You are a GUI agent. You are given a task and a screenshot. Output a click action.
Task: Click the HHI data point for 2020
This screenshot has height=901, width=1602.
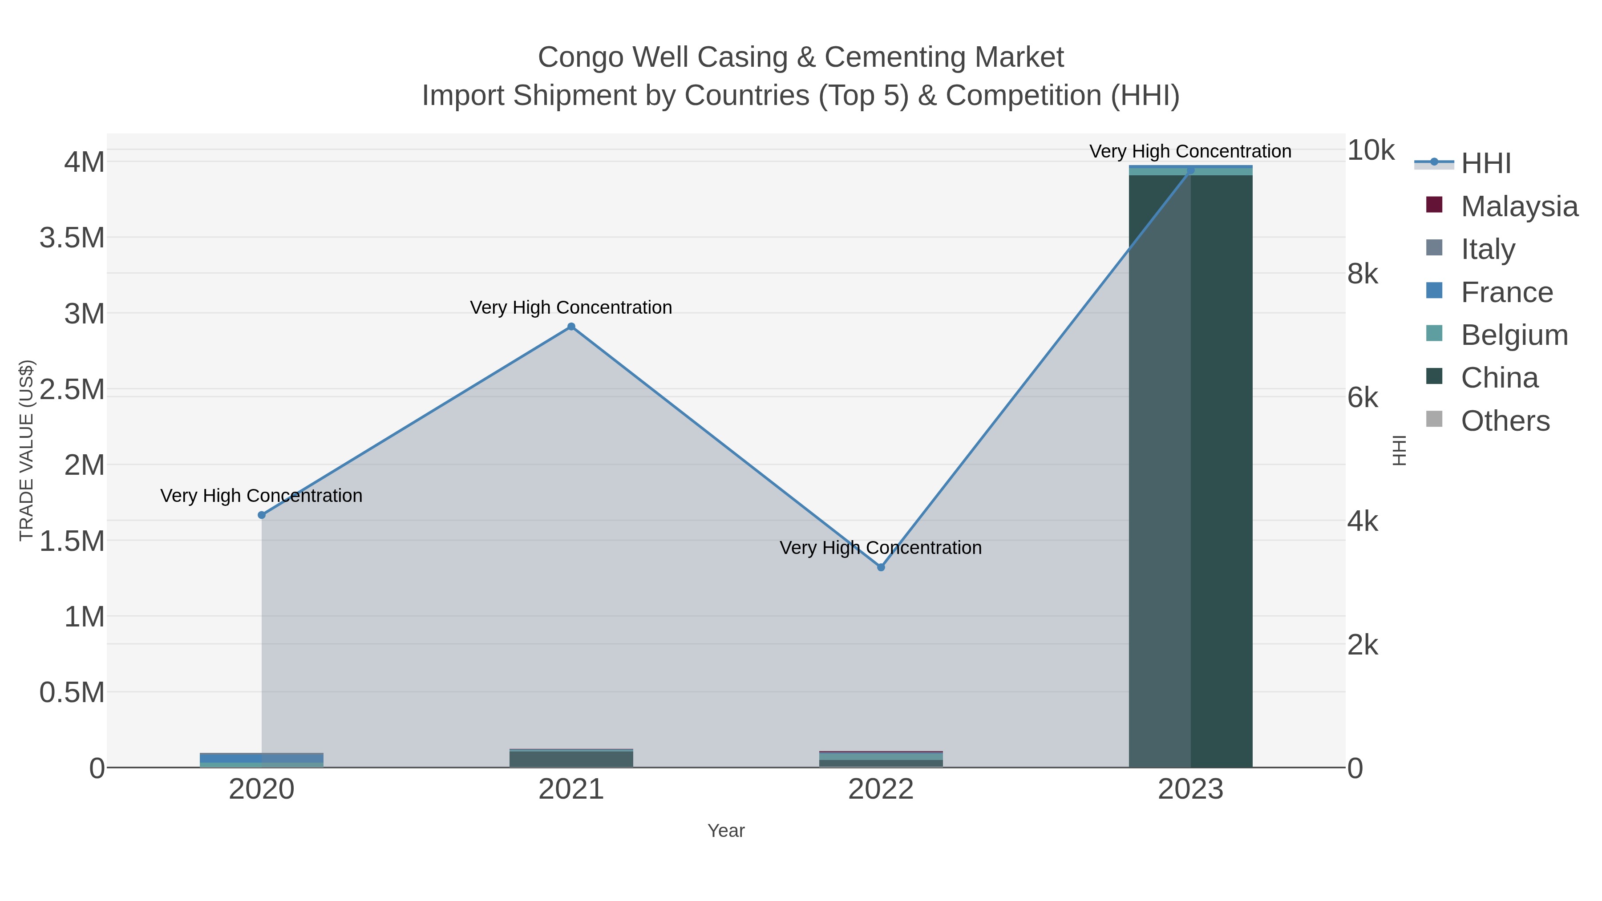pyautogui.click(x=262, y=515)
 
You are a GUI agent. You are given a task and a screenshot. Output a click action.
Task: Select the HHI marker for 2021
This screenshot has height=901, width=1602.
pyautogui.click(x=571, y=327)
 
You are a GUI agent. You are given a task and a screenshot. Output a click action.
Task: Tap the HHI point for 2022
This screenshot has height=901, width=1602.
pyautogui.click(x=881, y=567)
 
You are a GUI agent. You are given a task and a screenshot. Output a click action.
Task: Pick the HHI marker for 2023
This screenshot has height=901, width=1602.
pyautogui.click(x=1190, y=170)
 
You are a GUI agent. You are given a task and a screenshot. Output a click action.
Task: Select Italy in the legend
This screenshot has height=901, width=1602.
pyautogui.click(x=1488, y=249)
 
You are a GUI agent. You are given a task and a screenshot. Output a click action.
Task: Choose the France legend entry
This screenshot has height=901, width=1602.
pyautogui.click(x=1506, y=292)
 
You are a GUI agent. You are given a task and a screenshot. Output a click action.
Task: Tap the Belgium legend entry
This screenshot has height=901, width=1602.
pyautogui.click(x=1514, y=335)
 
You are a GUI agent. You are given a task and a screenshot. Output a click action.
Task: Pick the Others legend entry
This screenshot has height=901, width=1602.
pyautogui.click(x=1505, y=421)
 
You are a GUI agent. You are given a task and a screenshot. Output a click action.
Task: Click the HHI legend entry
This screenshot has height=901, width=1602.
pyautogui.click(x=1485, y=164)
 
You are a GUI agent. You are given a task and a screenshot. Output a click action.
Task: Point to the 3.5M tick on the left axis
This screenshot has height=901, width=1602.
pyautogui.click(x=72, y=238)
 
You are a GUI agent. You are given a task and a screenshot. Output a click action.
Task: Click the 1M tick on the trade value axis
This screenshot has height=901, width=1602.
pyautogui.click(x=84, y=617)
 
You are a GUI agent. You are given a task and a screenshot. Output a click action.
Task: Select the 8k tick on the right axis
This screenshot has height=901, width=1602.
pyautogui.click(x=1363, y=274)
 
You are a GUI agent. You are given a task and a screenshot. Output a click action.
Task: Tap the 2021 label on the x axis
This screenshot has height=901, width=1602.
pyautogui.click(x=571, y=790)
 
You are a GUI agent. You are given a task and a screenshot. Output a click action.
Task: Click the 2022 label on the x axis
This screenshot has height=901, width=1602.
pyautogui.click(x=881, y=790)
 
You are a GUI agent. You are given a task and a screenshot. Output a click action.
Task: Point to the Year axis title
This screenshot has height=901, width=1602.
pyautogui.click(x=726, y=831)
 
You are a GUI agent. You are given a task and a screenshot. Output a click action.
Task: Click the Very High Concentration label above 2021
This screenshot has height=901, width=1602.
pyautogui.click(x=571, y=308)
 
